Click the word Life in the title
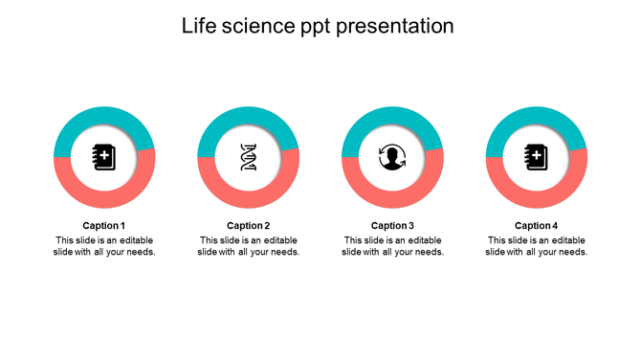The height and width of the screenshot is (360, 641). point(199,26)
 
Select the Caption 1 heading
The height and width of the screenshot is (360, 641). point(104,226)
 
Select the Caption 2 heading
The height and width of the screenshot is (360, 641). point(249,226)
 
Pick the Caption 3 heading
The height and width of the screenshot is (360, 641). point(392,226)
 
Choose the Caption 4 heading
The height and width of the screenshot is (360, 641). point(537,226)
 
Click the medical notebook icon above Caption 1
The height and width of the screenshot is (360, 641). point(104,157)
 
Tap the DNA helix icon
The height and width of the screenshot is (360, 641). point(249,157)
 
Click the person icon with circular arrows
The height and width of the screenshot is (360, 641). point(392,157)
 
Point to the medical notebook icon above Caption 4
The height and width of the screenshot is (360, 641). point(537,157)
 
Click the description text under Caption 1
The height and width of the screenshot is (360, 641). point(104,246)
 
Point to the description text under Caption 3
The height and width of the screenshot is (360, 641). point(392,246)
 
